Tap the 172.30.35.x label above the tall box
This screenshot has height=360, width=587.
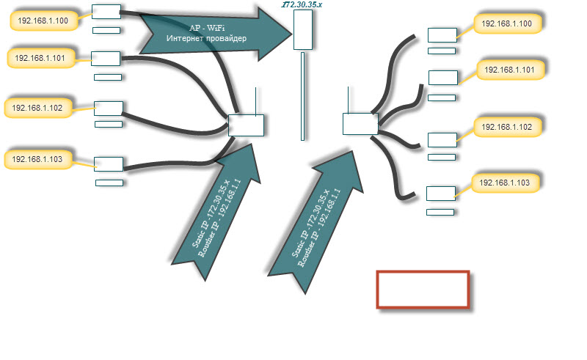point(302,4)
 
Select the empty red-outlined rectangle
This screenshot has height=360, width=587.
point(423,289)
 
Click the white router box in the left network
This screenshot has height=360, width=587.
point(246,125)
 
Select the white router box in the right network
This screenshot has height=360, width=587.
point(360,124)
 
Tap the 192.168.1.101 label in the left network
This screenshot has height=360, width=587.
point(40,57)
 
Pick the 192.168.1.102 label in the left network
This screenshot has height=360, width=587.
point(38,108)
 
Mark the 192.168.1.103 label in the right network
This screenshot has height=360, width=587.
point(505,182)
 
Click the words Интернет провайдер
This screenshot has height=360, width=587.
point(206,38)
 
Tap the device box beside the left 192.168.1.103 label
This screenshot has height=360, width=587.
point(109,164)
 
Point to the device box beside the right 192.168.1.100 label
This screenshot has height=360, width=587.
point(442,34)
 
